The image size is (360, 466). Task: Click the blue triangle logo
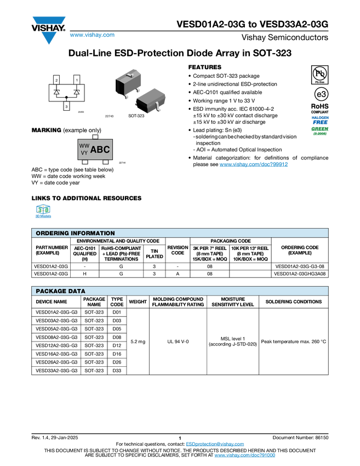49,38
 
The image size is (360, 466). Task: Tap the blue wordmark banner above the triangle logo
49,20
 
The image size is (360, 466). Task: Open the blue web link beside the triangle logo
92,35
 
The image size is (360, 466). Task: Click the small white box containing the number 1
77,80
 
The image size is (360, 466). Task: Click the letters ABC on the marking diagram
100,149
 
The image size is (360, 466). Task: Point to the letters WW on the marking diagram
84,146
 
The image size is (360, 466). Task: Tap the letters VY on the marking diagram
84,153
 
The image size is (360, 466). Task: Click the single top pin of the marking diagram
95,137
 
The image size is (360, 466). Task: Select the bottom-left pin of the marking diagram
84,162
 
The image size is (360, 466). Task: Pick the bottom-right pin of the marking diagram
105,162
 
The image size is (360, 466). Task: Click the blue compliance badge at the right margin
320,120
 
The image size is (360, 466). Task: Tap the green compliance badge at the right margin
320,130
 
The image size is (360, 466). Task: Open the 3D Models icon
43,212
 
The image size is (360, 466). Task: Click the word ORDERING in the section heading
53,233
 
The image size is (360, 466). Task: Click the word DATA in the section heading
77,291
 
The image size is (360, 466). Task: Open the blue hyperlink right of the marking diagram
254,164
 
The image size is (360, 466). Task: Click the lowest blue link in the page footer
244,456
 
